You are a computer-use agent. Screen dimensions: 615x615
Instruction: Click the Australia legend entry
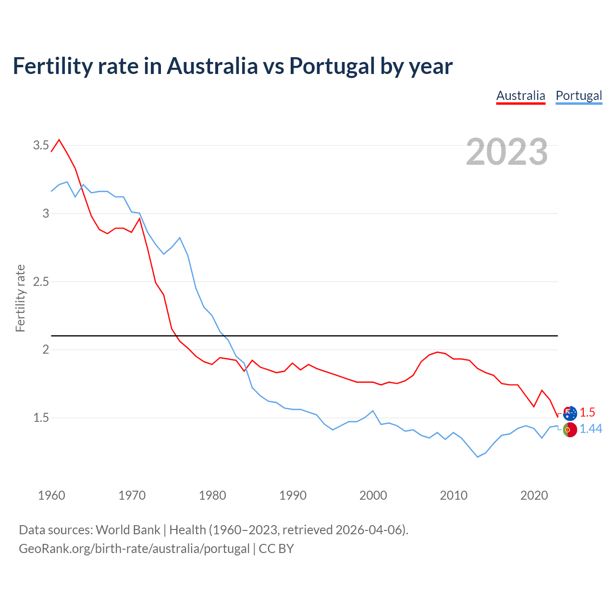[520, 96]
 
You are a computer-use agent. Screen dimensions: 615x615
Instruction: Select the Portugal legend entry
[578, 96]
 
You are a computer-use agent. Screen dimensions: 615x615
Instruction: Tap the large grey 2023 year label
[507, 152]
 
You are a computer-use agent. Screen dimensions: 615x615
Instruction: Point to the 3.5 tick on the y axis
[41, 145]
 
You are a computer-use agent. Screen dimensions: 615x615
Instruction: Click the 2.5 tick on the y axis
[41, 282]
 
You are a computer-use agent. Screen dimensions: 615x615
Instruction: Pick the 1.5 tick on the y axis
[41, 418]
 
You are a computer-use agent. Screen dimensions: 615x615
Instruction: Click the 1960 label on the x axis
[51, 495]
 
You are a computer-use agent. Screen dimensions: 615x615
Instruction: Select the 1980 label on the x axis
[212, 495]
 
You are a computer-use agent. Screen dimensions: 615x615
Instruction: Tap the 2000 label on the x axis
[373, 495]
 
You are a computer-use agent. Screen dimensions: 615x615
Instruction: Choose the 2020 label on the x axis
[534, 495]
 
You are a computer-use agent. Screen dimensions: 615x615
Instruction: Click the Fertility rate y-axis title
[20, 298]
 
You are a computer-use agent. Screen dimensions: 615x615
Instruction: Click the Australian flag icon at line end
[570, 413]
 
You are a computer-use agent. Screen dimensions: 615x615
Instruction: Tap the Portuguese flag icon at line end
[570, 430]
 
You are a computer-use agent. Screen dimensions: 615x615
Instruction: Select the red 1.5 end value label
[587, 412]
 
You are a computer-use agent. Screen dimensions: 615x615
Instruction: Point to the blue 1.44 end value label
[590, 429]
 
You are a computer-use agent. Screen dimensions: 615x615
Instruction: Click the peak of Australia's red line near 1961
[59, 140]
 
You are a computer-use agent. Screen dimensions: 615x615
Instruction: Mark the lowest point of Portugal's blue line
[478, 457]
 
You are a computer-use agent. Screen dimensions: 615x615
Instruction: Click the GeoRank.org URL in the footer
[134, 549]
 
